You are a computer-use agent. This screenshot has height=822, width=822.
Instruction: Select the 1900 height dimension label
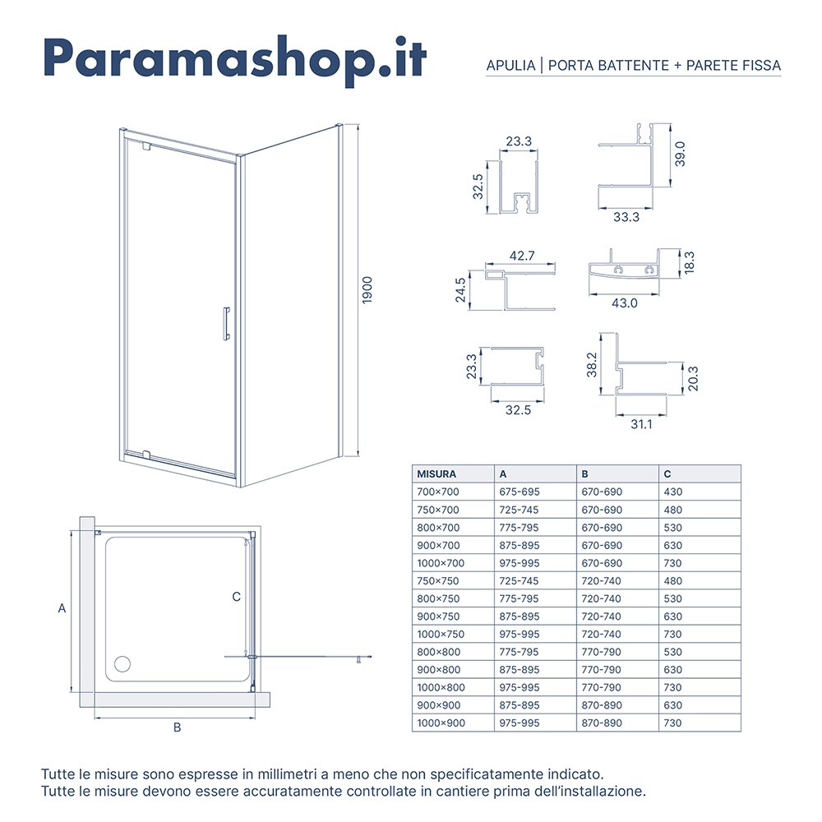[x=368, y=289]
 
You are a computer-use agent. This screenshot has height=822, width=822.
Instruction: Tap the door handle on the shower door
[x=225, y=323]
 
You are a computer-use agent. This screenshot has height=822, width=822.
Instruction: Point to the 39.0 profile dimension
[x=680, y=154]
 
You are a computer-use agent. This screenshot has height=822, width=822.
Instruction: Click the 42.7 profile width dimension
[x=521, y=256]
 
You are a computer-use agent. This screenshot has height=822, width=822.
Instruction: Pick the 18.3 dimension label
[x=690, y=263]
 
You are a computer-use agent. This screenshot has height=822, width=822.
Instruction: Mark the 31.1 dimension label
[x=640, y=424]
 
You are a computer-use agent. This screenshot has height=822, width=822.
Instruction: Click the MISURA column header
[x=436, y=474]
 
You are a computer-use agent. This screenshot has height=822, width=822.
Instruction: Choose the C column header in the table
[x=667, y=474]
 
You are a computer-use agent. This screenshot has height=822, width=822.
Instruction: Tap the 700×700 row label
[x=438, y=492]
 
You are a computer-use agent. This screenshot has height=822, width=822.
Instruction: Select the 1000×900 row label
[x=441, y=723]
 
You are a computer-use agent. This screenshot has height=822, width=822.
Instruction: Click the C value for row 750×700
[x=672, y=510]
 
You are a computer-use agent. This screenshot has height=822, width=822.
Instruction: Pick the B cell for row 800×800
[x=601, y=652]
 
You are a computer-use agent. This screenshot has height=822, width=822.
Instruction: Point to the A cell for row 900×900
[x=519, y=705]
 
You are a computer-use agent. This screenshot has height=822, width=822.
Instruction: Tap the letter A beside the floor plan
[x=62, y=609]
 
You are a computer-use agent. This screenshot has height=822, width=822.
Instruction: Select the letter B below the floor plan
[x=176, y=727]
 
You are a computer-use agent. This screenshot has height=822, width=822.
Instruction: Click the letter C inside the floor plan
[x=236, y=597]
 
